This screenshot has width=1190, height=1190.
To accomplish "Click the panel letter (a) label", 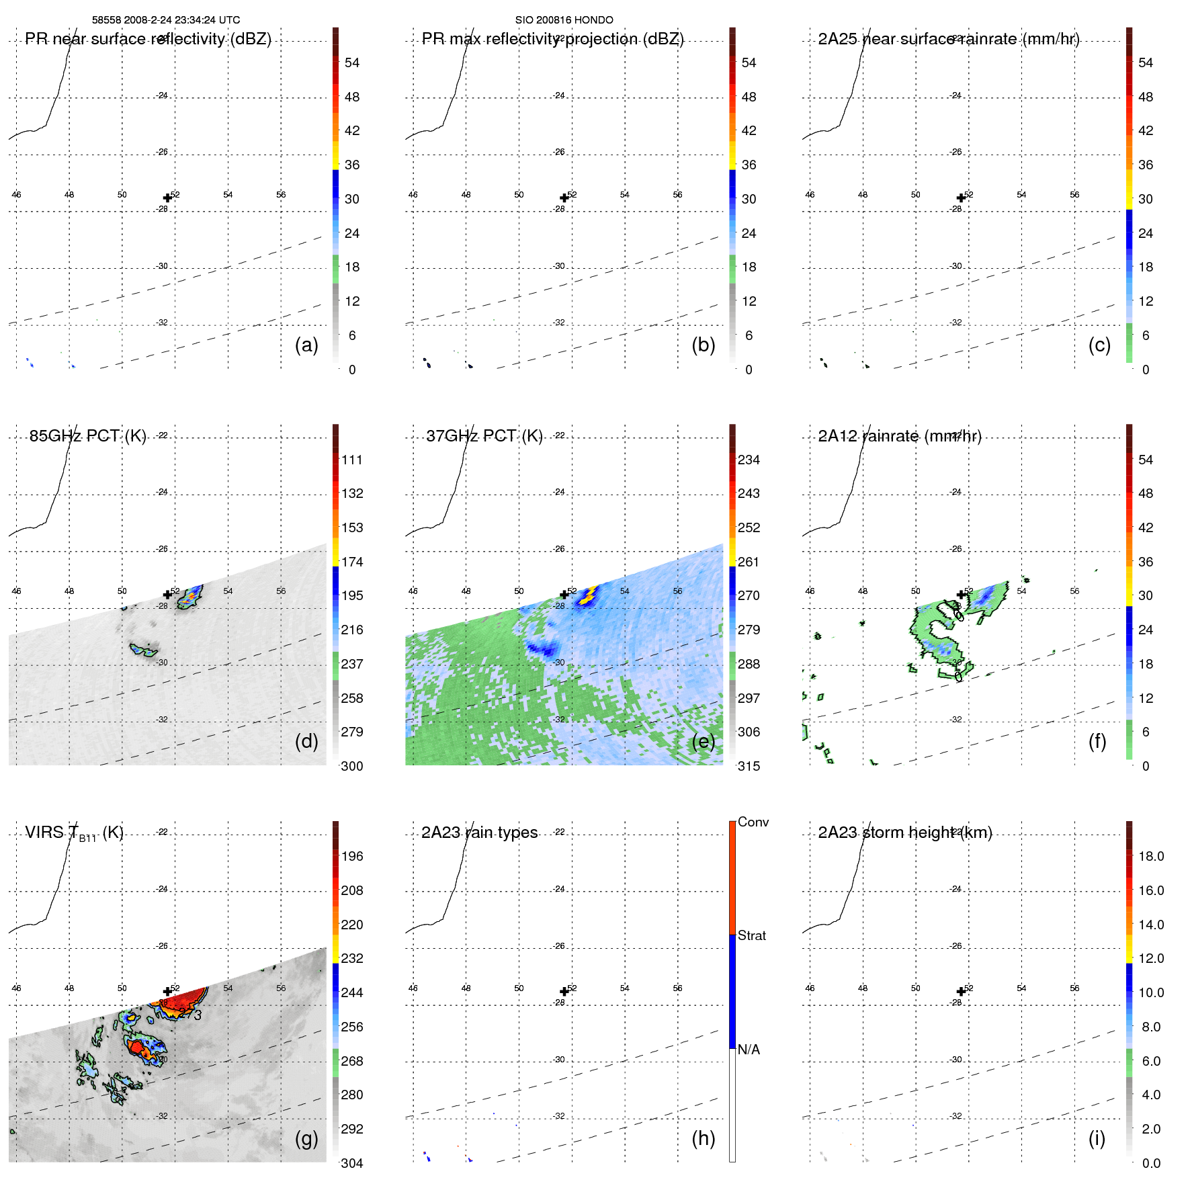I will point(306,345).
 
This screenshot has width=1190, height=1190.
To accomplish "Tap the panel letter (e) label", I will point(703,742).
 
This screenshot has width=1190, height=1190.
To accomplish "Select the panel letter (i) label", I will point(1097,1138).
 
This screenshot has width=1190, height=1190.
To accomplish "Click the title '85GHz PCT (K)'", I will point(87,436).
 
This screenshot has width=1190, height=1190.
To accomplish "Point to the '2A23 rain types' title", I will point(479,833).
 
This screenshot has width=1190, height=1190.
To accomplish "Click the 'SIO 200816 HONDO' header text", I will point(564,20).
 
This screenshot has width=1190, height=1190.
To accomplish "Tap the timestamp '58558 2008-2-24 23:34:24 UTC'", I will point(166,20).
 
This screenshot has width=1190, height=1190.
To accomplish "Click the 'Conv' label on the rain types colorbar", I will point(753,822).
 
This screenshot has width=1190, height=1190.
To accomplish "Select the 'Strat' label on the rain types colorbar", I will point(751,935).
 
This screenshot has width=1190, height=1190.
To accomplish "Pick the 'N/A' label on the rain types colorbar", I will point(749,1050).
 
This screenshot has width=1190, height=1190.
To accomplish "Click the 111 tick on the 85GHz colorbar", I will point(351,460).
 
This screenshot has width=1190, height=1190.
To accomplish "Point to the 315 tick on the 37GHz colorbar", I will point(749,766).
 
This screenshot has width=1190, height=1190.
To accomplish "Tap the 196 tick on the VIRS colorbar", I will point(351,856).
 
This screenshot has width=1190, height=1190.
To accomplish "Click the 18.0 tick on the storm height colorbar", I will point(1150,856).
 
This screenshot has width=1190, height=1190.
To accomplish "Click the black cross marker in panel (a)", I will point(167,198).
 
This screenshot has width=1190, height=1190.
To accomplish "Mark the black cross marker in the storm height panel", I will point(961,992).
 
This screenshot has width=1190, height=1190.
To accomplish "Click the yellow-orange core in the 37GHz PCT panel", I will point(591,594).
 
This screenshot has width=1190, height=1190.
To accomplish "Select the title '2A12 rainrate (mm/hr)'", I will point(899,436).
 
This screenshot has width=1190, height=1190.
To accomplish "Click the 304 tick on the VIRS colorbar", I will point(351,1163).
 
